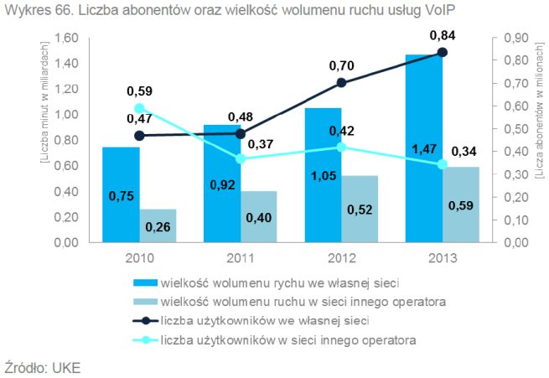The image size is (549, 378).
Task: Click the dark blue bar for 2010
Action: (121, 194)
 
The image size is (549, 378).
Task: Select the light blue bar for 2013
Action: (461, 205)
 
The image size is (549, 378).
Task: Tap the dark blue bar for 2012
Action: (323, 175)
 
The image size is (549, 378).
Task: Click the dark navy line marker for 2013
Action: (443, 53)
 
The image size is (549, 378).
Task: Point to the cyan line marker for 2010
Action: (139, 109)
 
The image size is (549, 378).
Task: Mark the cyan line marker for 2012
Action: (341, 148)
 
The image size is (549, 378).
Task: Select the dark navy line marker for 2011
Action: (241, 133)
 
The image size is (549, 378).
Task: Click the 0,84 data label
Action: (443, 35)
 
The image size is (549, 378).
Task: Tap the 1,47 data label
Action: (425, 149)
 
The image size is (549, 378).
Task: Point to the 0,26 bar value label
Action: (158, 226)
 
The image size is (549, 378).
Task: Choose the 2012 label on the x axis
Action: (341, 257)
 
